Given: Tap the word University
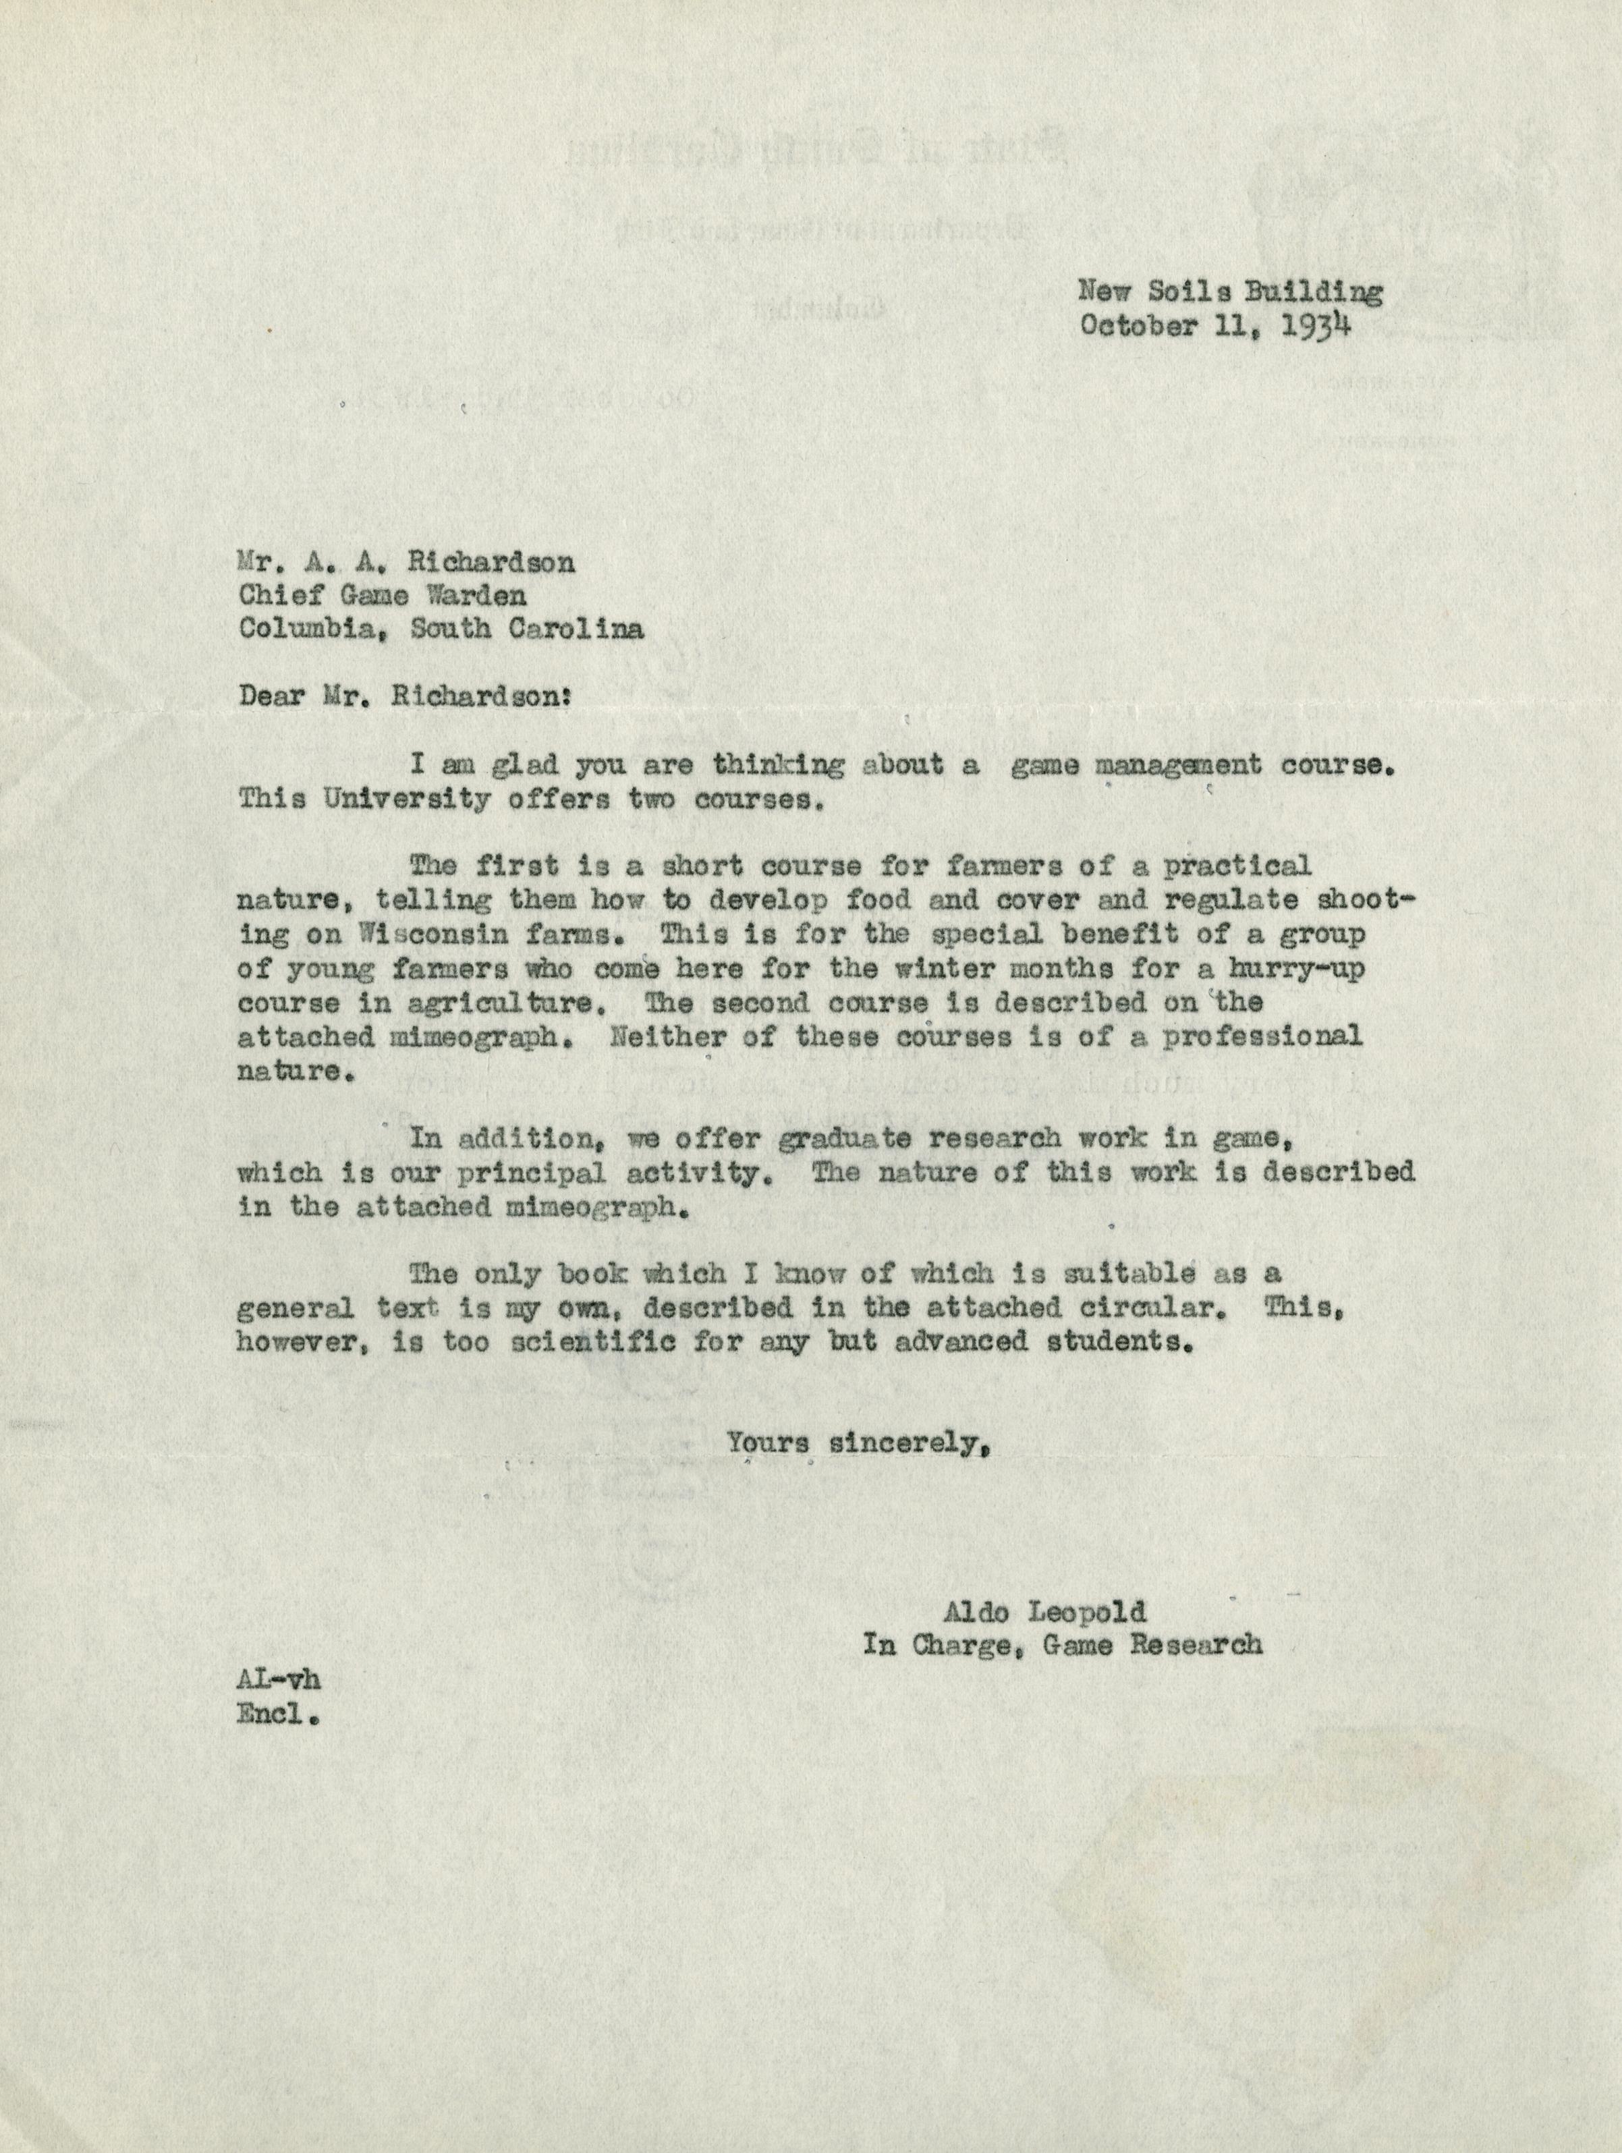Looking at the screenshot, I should [x=407, y=800].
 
